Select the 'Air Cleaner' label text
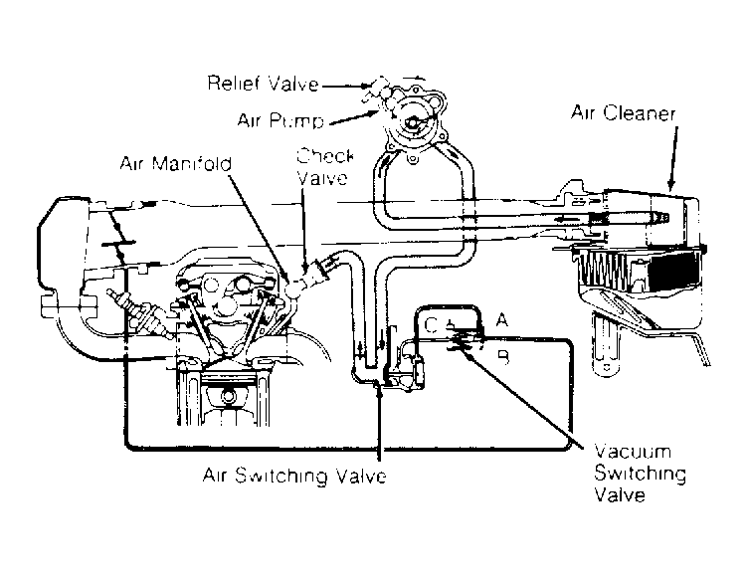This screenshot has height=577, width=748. point(624,113)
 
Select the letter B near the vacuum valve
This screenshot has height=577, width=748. point(502,356)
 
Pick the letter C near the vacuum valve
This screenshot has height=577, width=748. point(430,324)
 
